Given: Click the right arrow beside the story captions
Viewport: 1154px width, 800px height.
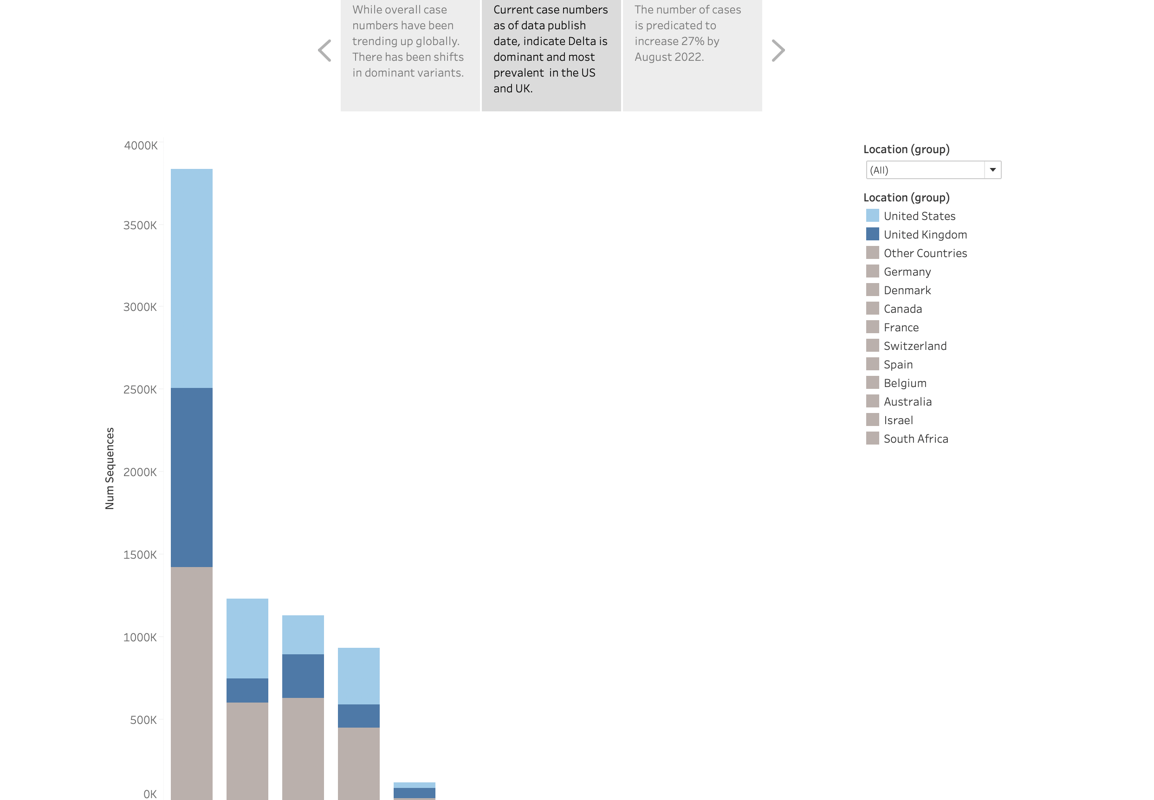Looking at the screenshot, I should click(x=778, y=51).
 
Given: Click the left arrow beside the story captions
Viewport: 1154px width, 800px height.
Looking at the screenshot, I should click(x=325, y=51).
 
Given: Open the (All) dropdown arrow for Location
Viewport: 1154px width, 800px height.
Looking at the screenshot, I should click(x=992, y=170).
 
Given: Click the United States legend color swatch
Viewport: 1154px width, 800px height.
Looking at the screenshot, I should click(x=872, y=215).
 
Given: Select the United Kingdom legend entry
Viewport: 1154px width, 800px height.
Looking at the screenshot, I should click(x=925, y=235).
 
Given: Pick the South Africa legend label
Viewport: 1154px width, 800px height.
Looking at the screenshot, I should click(x=915, y=439).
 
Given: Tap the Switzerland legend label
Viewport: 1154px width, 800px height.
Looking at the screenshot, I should click(x=915, y=346).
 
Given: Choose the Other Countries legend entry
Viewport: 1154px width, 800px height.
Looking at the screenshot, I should click(x=925, y=253).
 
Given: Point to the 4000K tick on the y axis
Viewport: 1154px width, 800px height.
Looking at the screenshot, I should click(x=140, y=145).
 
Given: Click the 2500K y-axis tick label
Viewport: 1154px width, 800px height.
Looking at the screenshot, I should click(x=140, y=389).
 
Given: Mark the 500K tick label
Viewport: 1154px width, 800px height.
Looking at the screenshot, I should click(x=143, y=720).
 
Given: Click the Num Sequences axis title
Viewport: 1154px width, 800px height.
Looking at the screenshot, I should click(x=109, y=468).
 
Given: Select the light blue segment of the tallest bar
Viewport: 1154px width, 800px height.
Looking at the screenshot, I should click(x=192, y=278).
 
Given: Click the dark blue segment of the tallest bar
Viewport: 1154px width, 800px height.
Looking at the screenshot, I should click(x=192, y=477).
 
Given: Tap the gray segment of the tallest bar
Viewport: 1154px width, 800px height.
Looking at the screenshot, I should click(x=192, y=682).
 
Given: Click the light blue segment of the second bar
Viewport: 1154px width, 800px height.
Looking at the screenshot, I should click(x=247, y=638).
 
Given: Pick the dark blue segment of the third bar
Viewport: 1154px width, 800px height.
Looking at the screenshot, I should click(x=303, y=676).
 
